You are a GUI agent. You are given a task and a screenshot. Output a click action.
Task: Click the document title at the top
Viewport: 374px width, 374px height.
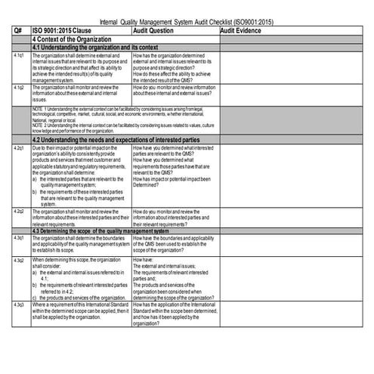[187, 23]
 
